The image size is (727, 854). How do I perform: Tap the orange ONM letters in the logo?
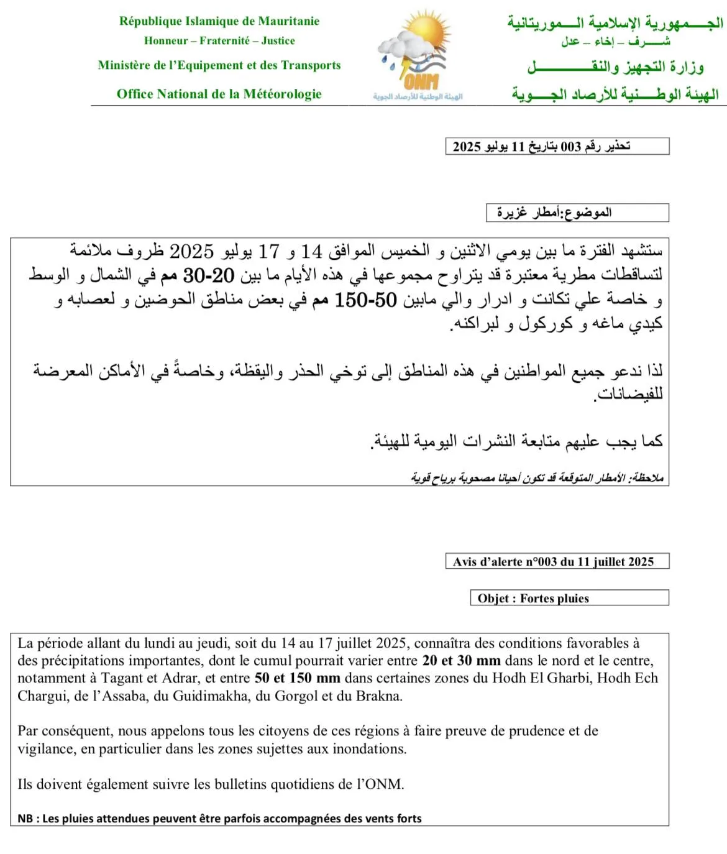pos(421,81)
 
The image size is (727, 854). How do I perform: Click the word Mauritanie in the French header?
pos(289,21)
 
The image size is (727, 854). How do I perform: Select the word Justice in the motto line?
pos(278,41)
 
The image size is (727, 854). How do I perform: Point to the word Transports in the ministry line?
pos(311,65)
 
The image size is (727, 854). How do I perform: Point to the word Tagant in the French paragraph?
pos(122,678)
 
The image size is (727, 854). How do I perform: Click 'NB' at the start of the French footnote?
pos(25,819)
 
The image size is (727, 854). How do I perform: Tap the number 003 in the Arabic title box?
pos(570,147)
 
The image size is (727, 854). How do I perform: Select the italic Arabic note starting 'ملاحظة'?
pos(537,477)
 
